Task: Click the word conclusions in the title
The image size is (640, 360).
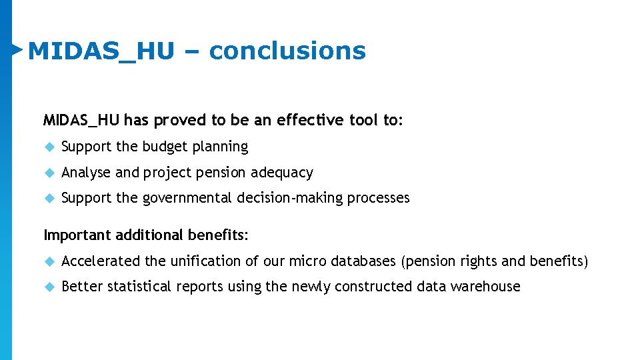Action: coord(287,51)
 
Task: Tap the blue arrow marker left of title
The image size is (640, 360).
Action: coord(18,49)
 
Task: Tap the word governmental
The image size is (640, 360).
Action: coord(186,198)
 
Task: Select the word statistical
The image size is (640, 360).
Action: coord(139,287)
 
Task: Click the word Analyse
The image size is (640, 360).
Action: coord(86,173)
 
